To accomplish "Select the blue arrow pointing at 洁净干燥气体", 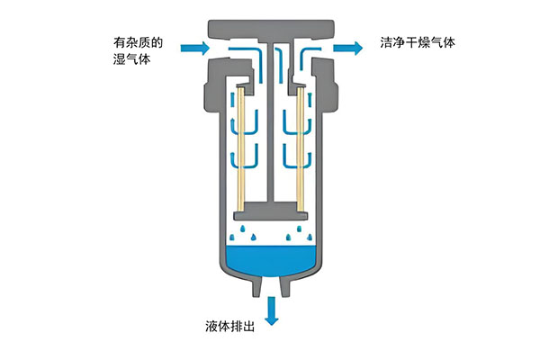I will tap(345, 45).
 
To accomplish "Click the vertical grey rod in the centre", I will tap(269, 126).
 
